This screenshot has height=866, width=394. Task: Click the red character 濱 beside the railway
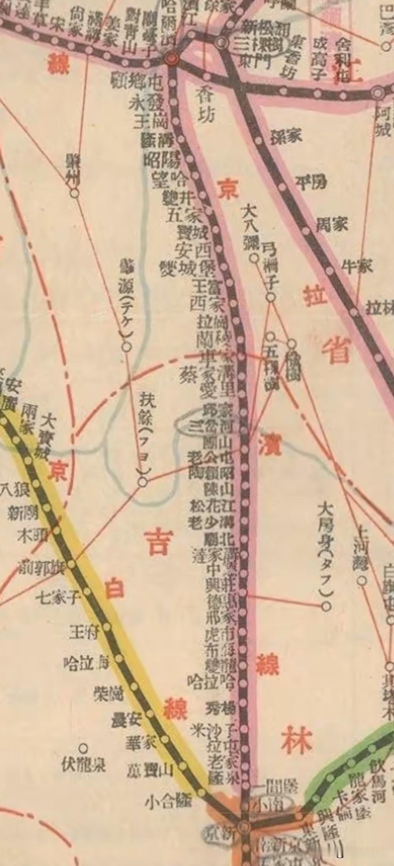[270, 443]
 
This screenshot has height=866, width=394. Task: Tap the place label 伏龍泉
[84, 765]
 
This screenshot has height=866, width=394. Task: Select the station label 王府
[84, 633]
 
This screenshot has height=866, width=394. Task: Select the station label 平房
[311, 182]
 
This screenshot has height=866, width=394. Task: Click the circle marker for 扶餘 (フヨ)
[143, 483]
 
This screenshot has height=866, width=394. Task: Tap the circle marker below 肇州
[74, 193]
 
